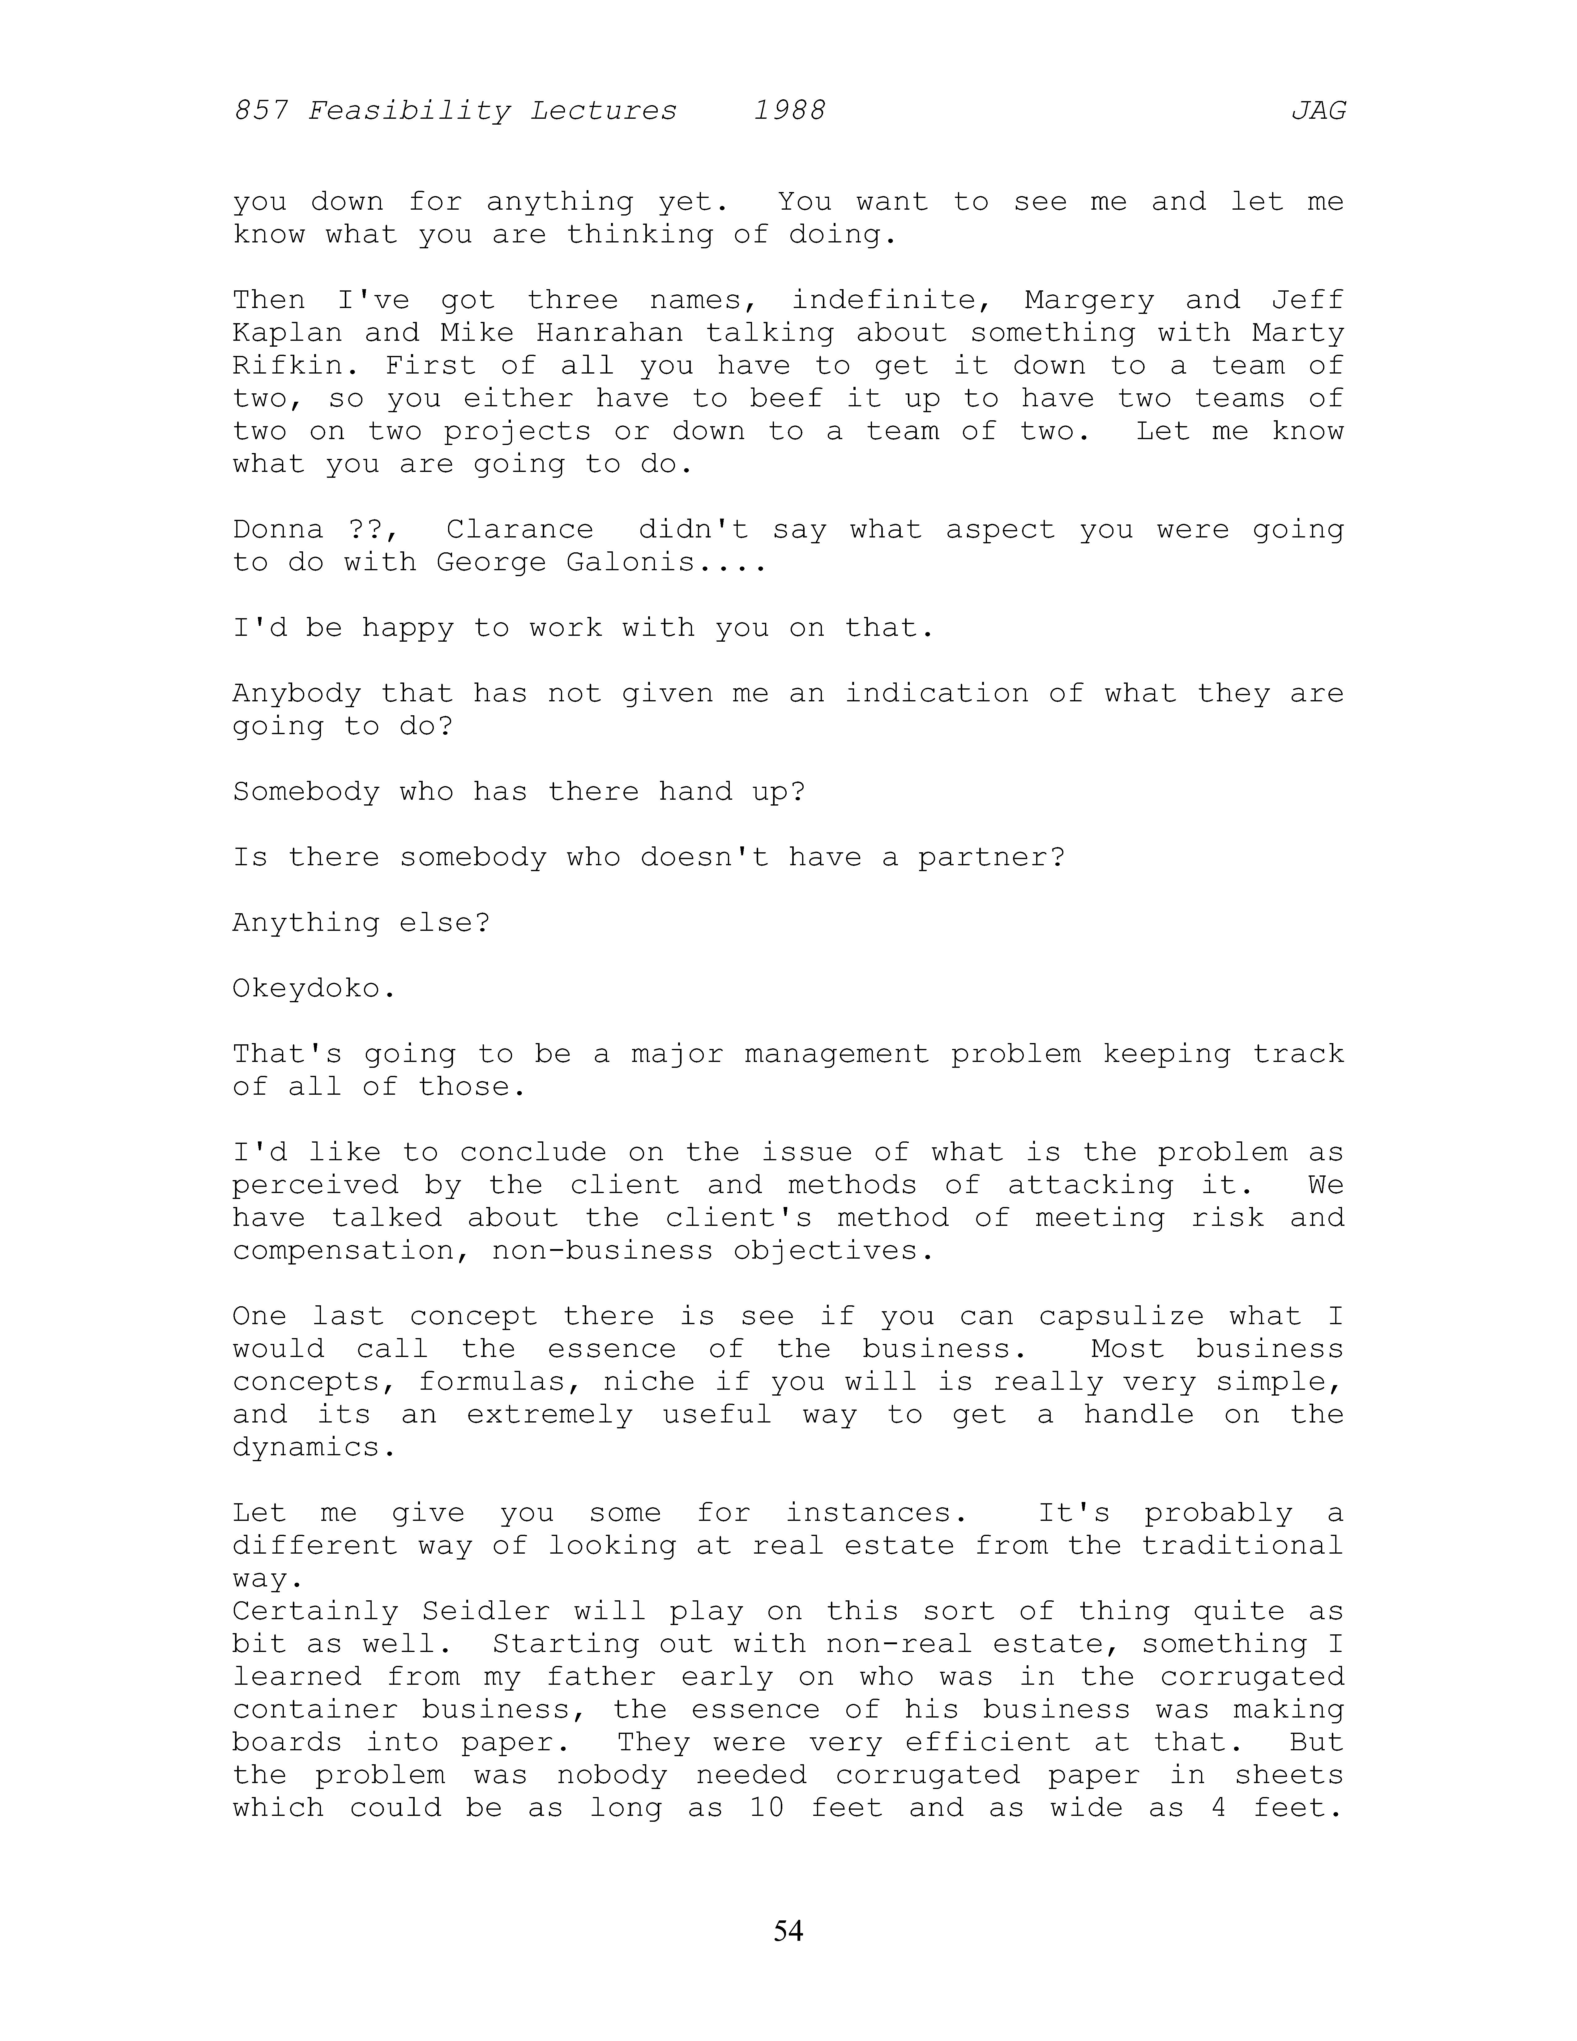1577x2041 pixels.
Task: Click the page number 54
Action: [788, 1930]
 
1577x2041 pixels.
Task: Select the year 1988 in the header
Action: [789, 111]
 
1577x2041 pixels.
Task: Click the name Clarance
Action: [519, 530]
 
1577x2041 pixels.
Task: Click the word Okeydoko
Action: [314, 989]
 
